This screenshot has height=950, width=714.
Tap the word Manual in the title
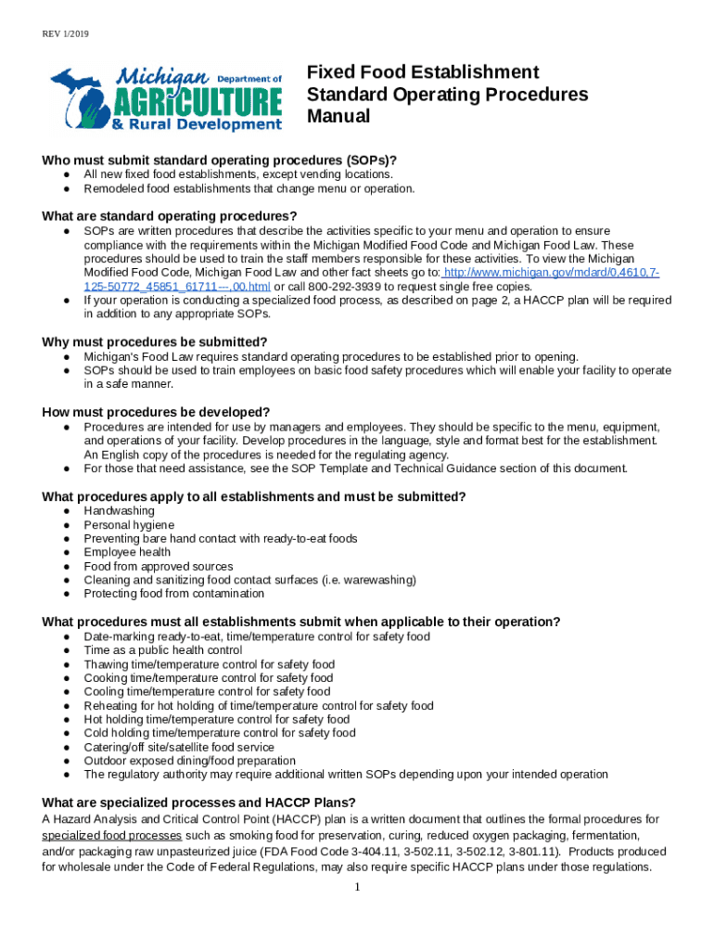[x=338, y=117]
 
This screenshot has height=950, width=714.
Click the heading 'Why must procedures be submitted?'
[x=155, y=341]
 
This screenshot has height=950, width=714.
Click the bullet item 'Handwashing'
[x=119, y=511]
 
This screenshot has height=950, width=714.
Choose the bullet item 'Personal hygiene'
[x=129, y=525]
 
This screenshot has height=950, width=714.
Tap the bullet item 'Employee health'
[x=127, y=552]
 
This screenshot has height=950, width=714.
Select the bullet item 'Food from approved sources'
[x=159, y=566]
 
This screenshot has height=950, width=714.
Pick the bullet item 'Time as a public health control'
[x=162, y=650]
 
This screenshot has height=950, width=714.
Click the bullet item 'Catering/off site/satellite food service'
[x=179, y=747]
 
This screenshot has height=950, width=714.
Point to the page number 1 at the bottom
[x=357, y=888]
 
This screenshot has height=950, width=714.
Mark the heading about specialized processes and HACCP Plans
[x=199, y=802]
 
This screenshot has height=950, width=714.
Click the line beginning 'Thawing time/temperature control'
[x=209, y=664]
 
